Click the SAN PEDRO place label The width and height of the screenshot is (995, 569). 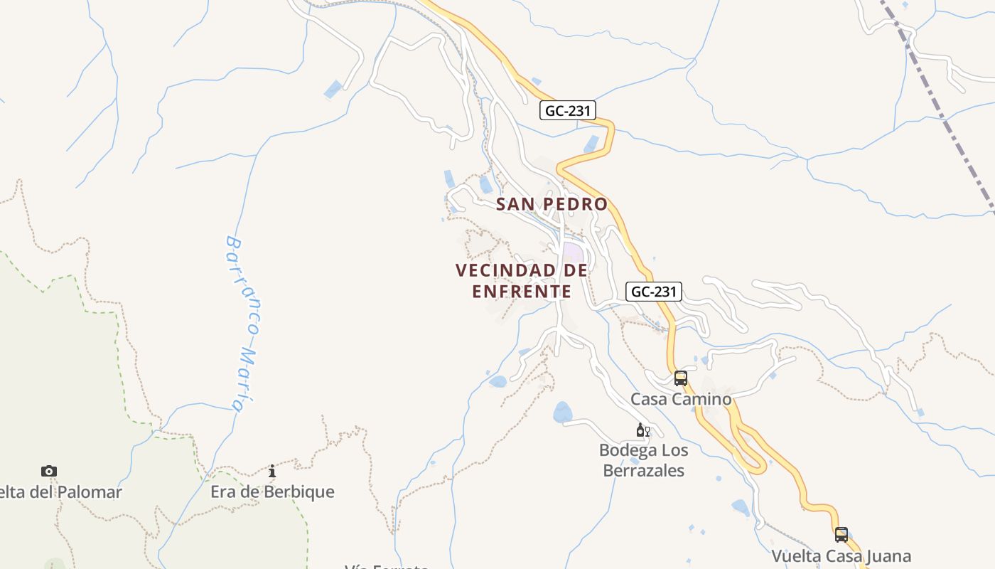pyautogui.click(x=552, y=204)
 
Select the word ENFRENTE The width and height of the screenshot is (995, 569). pyautogui.click(x=522, y=292)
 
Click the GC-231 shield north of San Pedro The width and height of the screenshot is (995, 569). pyautogui.click(x=567, y=110)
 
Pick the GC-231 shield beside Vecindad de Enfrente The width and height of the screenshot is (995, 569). pyautogui.click(x=654, y=291)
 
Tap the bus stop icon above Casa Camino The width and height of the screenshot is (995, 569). pyautogui.click(x=680, y=378)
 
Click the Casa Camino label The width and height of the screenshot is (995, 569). pyautogui.click(x=681, y=399)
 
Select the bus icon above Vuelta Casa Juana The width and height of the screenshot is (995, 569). pyautogui.click(x=841, y=534)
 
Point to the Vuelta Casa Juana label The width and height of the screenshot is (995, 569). pyautogui.click(x=841, y=555)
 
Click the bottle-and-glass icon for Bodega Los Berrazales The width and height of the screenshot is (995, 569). pyautogui.click(x=642, y=430)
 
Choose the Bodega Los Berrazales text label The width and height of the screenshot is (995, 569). pyautogui.click(x=643, y=460)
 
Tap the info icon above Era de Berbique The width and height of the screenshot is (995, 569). pyautogui.click(x=272, y=471)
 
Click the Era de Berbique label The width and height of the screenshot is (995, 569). pyautogui.click(x=272, y=491)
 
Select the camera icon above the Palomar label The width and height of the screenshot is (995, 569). pyautogui.click(x=48, y=471)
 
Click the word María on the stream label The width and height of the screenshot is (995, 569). pyautogui.click(x=246, y=381)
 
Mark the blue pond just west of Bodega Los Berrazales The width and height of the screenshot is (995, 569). pyautogui.click(x=562, y=412)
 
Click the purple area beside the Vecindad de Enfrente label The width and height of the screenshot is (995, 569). pyautogui.click(x=573, y=252)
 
